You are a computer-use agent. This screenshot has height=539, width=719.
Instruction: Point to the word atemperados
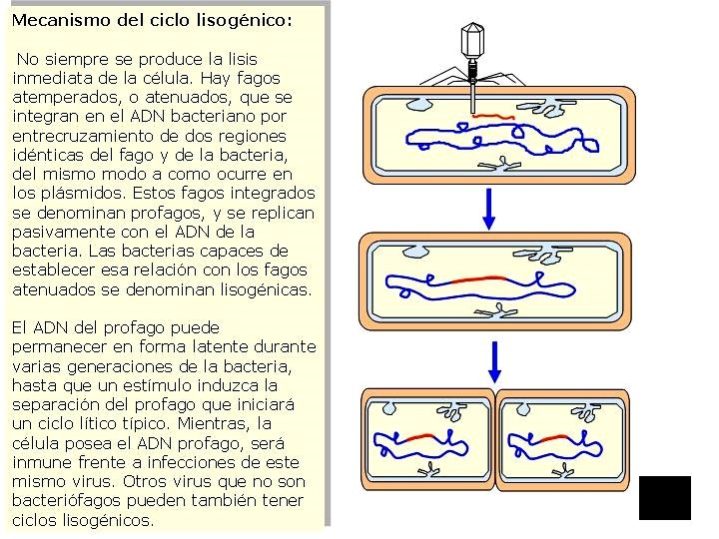point(60,97)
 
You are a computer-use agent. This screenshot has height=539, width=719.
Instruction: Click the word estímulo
point(194,385)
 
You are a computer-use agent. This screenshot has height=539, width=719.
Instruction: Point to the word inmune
point(40,462)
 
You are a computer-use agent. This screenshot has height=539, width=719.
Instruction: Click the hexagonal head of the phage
point(472,41)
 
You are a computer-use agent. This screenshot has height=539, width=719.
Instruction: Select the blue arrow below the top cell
point(488,207)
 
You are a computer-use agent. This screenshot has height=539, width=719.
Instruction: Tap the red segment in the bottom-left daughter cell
point(418,436)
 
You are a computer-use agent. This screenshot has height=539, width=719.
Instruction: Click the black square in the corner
point(664,497)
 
